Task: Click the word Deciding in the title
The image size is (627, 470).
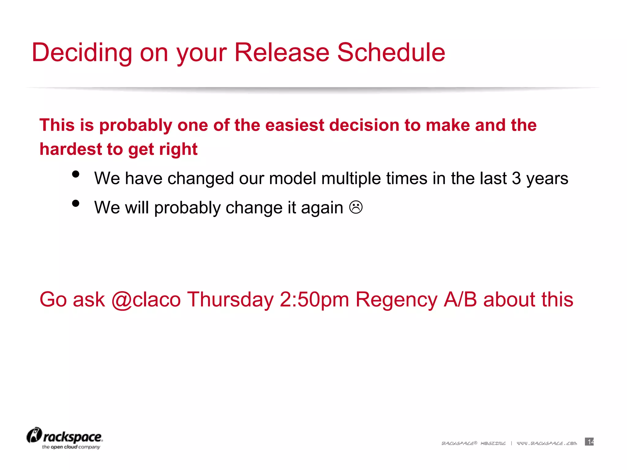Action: pos(82,53)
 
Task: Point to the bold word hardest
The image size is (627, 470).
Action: pos(70,149)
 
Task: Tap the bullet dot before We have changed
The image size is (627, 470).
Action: pos(76,174)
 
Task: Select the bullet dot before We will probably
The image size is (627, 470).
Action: pos(76,203)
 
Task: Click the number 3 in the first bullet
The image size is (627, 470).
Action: pos(516,178)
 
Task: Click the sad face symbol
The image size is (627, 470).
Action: pos(356,207)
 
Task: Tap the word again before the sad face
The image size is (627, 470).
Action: pos(322,208)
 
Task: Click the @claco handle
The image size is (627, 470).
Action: pos(146,300)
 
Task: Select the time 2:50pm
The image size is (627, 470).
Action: pos(314,300)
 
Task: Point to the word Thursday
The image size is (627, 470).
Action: pos(230,300)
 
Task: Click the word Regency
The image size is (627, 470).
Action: pos(396,300)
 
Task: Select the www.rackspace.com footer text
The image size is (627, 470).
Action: pos(547,443)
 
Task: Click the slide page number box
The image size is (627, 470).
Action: pos(589,442)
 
